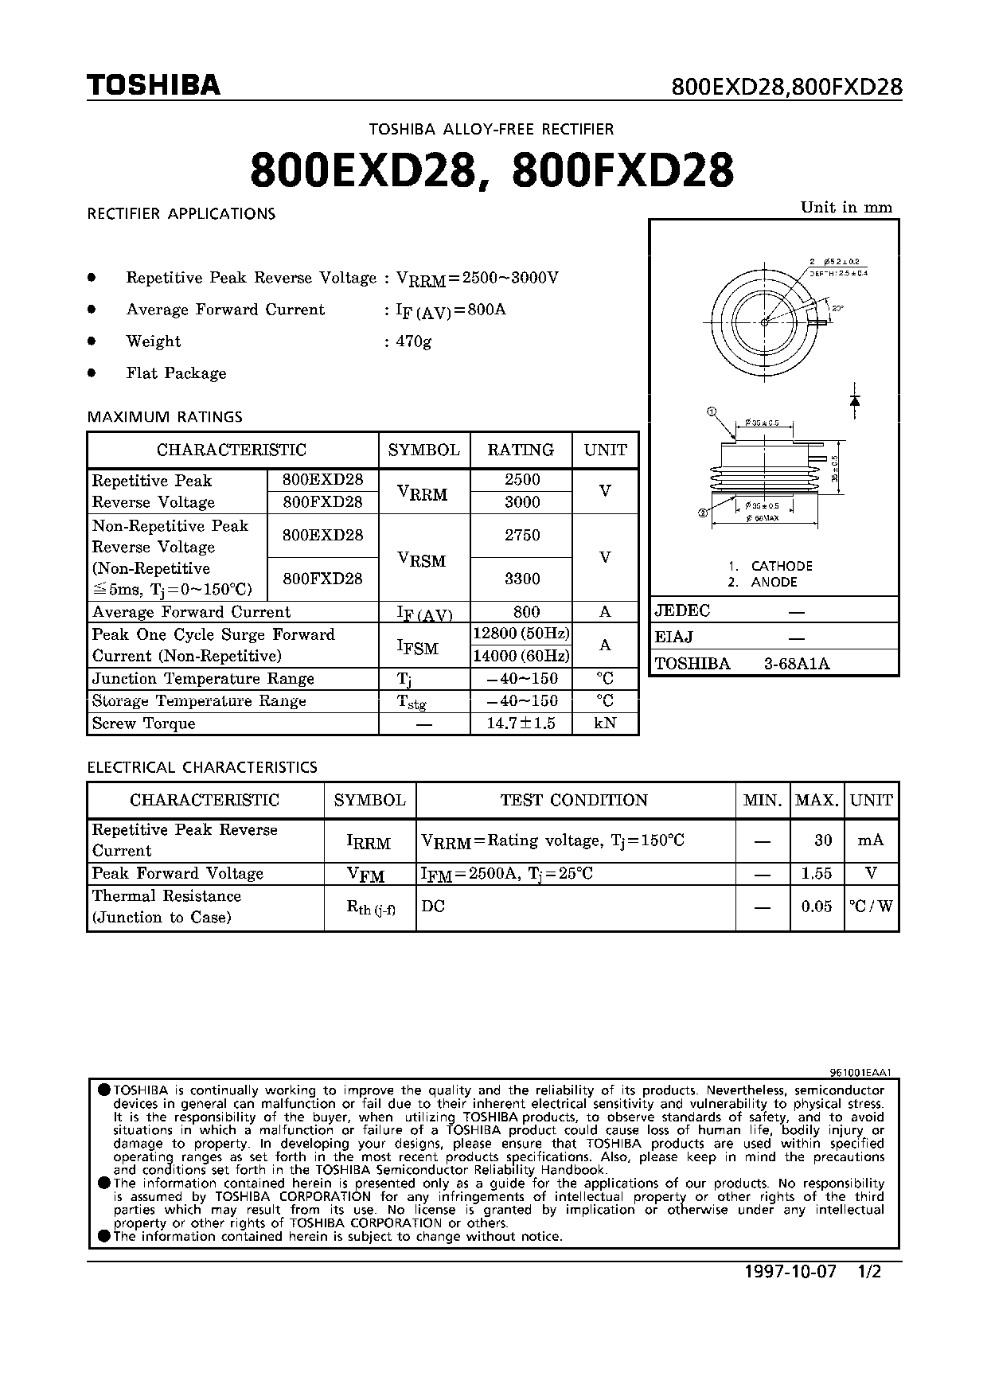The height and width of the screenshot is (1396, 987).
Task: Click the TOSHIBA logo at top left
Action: click(x=154, y=85)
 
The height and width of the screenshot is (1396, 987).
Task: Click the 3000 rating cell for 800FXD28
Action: click(x=522, y=502)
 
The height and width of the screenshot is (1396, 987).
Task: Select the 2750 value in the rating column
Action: click(x=522, y=536)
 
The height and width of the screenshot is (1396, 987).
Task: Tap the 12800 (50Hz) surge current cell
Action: click(x=521, y=634)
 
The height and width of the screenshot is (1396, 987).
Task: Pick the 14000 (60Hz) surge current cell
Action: click(x=521, y=657)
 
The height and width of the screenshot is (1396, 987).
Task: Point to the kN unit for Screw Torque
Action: click(x=605, y=723)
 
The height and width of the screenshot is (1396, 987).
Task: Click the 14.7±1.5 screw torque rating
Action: click(x=521, y=723)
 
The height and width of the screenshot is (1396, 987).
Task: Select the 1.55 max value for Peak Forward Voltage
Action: click(x=817, y=874)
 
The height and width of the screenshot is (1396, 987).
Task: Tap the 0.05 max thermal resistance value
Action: click(x=817, y=907)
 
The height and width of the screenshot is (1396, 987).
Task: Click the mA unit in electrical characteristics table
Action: click(x=871, y=840)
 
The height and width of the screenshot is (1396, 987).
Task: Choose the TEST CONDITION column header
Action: click(x=574, y=801)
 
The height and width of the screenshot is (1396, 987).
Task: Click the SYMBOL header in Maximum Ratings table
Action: click(x=423, y=450)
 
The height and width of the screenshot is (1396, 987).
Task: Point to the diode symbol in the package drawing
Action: click(x=855, y=401)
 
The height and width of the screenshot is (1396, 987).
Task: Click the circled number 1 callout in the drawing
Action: click(x=712, y=411)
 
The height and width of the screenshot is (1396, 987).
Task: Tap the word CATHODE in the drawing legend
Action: click(x=782, y=566)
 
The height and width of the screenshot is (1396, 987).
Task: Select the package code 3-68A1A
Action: click(x=797, y=664)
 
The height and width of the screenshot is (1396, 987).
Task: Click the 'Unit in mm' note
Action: click(x=846, y=208)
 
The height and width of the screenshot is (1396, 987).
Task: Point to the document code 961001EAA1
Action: click(x=862, y=1072)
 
